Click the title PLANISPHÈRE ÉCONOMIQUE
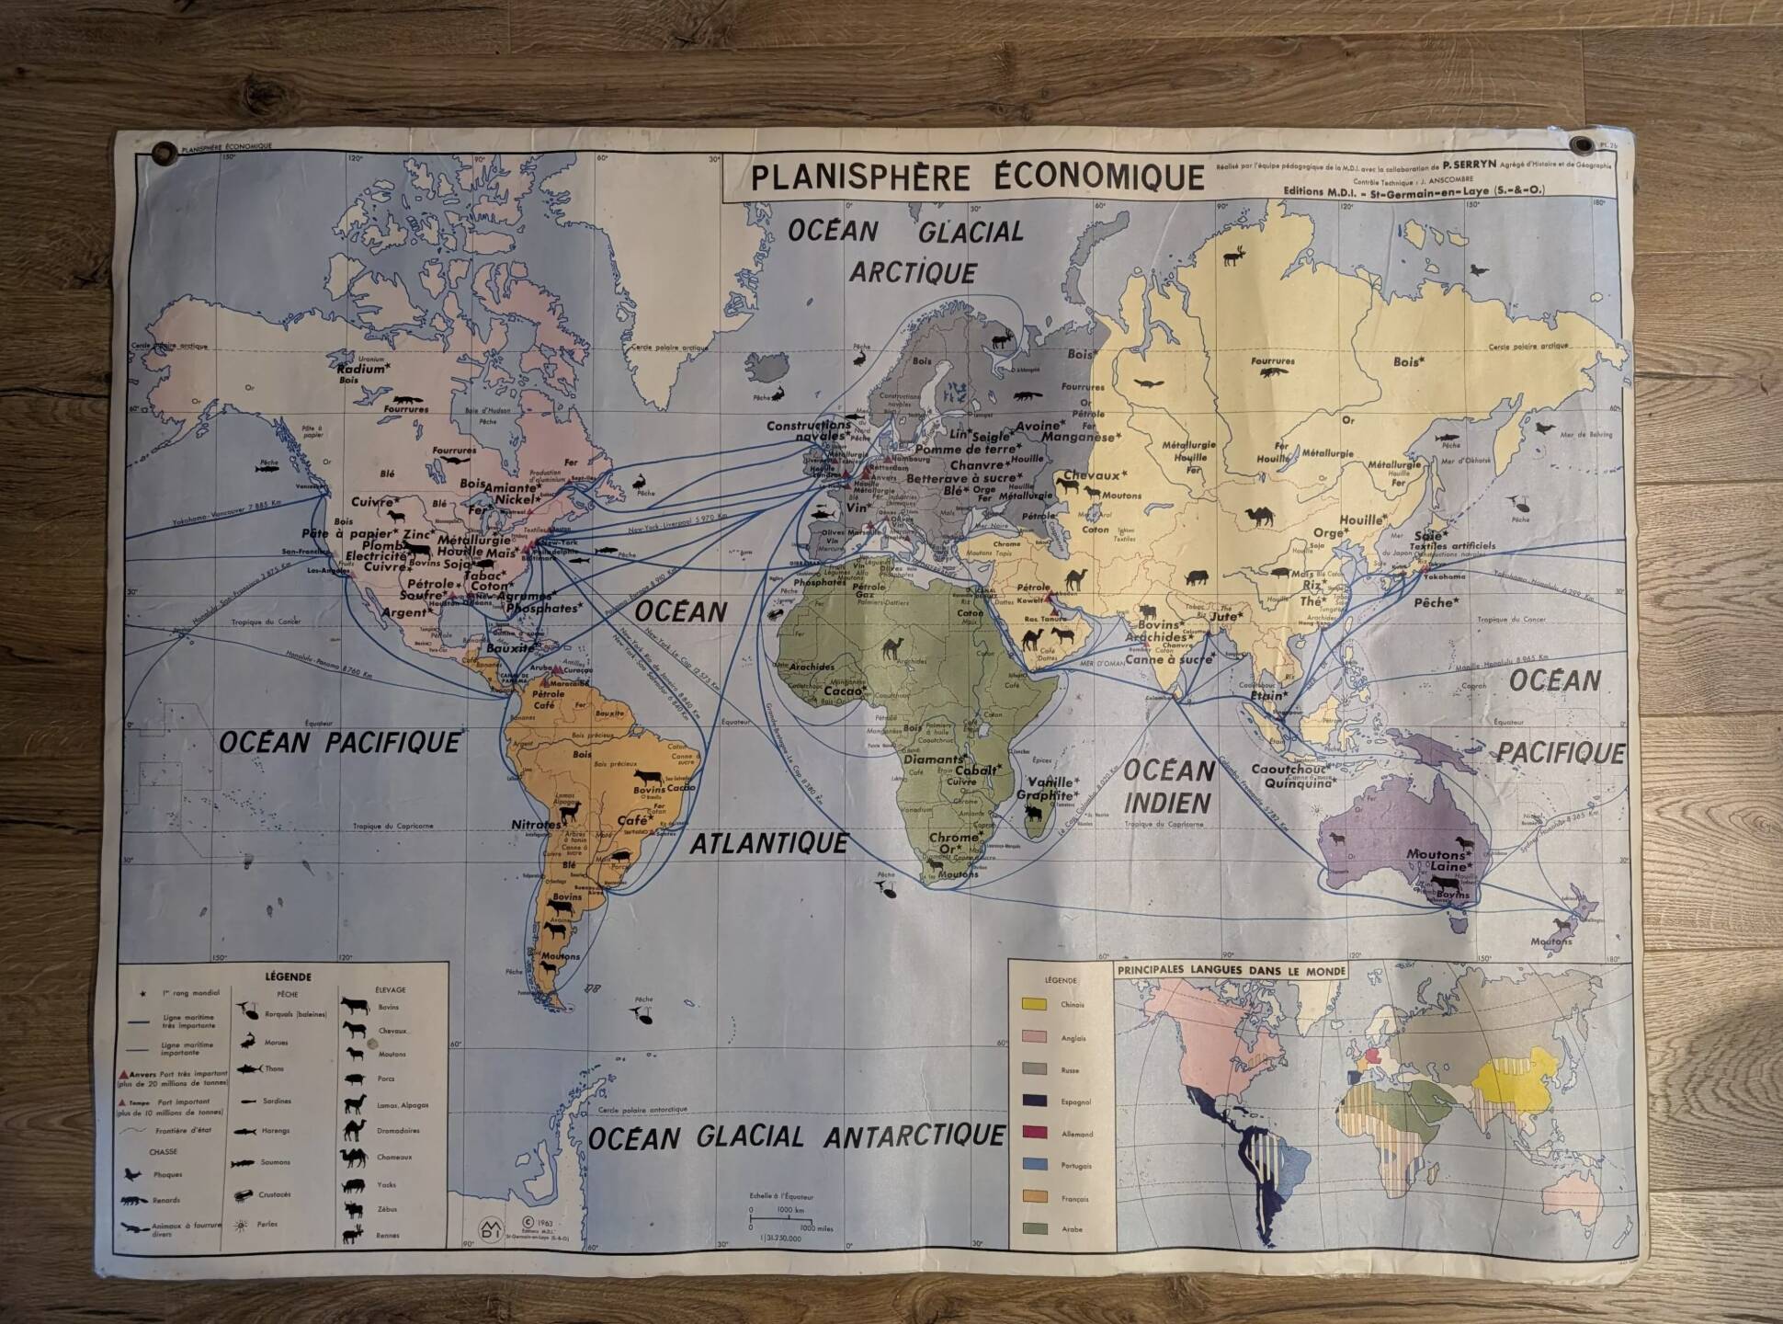pyautogui.click(x=977, y=177)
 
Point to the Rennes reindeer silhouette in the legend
pyautogui.click(x=354, y=1236)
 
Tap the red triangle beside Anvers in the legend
pyautogui.click(x=123, y=1073)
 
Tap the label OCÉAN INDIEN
pyautogui.click(x=1168, y=786)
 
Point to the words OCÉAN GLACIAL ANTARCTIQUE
pyautogui.click(x=796, y=1137)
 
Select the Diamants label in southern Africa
pyautogui.click(x=933, y=759)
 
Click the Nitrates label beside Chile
pyautogui.click(x=536, y=825)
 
